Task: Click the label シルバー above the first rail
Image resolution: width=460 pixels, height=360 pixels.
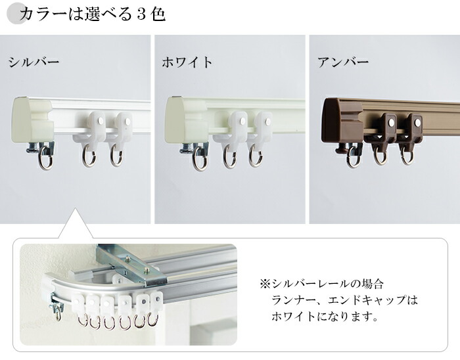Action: (x=34, y=63)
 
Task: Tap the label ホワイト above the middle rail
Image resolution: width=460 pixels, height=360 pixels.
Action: (x=188, y=63)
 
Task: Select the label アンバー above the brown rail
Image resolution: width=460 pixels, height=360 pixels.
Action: (x=343, y=63)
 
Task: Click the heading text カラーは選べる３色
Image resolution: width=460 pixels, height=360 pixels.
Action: (x=92, y=14)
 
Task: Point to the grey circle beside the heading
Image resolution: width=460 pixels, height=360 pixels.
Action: (x=14, y=14)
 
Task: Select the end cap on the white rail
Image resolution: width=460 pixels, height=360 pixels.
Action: (x=185, y=120)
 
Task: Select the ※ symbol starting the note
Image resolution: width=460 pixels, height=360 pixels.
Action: (x=265, y=284)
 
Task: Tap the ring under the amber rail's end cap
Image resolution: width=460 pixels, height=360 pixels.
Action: (x=354, y=157)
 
